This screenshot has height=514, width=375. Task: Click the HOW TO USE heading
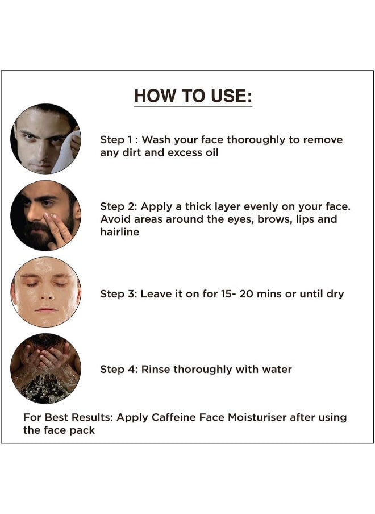click(x=193, y=96)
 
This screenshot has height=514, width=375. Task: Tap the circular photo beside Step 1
click(x=45, y=139)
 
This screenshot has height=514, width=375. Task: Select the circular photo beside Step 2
click(x=45, y=215)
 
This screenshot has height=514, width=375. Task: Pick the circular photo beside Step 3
click(x=45, y=292)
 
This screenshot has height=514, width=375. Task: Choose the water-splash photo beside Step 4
click(x=45, y=368)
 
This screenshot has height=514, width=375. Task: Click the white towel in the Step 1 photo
click(x=67, y=152)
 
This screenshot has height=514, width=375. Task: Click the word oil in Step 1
click(x=211, y=152)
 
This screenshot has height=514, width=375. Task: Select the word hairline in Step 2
click(x=119, y=232)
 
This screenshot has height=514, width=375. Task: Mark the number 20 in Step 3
click(x=246, y=294)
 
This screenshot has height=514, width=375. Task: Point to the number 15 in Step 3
click(x=226, y=294)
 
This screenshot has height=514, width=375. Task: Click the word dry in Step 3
click(x=335, y=294)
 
